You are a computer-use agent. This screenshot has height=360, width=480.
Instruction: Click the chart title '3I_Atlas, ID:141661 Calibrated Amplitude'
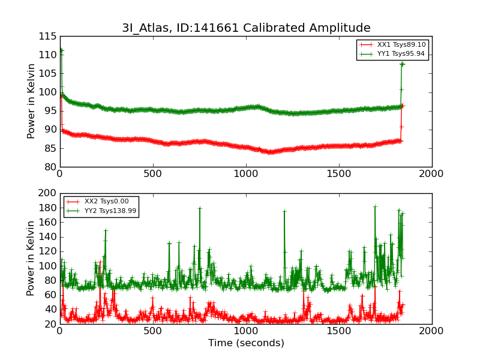tap(246, 28)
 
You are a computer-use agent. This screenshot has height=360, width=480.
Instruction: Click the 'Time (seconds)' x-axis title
tap(246, 343)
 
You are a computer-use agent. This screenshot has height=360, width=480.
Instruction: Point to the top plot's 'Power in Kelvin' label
tap(32, 101)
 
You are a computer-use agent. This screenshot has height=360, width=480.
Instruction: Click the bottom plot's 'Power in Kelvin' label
tap(32, 258)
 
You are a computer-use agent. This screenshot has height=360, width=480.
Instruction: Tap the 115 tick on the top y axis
tap(48, 36)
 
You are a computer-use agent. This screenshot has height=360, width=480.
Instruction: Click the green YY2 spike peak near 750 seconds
tap(200, 208)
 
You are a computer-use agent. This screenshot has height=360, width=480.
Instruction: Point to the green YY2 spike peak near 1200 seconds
tap(284, 211)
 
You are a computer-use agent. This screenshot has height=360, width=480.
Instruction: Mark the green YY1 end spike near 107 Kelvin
tap(402, 64)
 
